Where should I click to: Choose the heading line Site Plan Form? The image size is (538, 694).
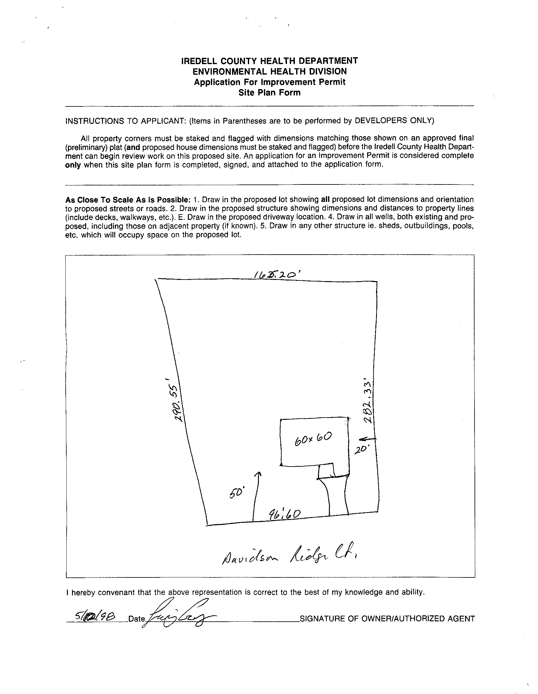coord(269,93)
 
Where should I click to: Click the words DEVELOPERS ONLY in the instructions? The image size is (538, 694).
coord(394,121)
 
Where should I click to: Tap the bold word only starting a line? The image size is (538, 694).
coord(73,165)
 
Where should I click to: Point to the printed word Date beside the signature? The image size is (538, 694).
coord(136,619)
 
